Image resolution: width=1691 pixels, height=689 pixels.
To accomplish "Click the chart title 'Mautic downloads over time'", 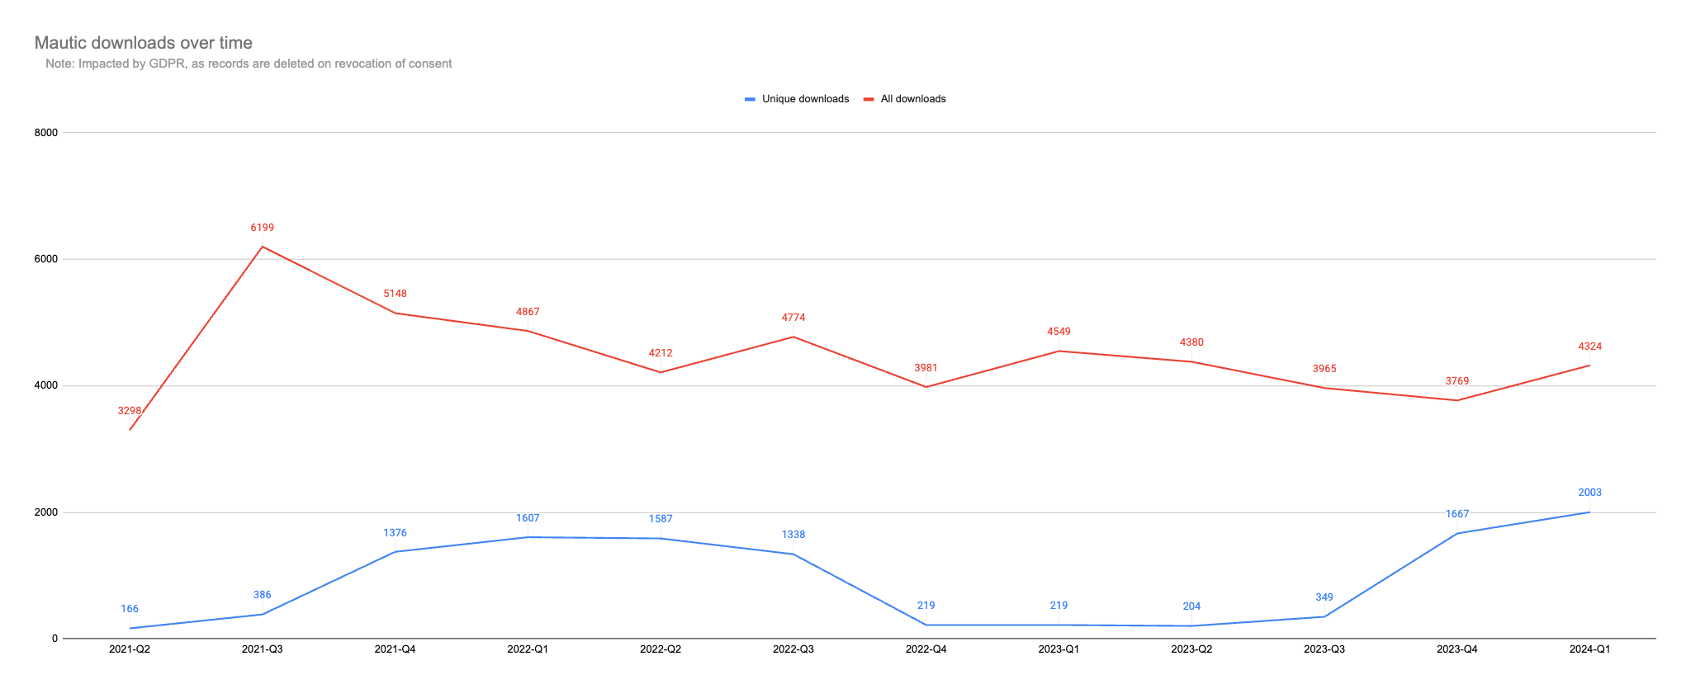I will pos(144,43).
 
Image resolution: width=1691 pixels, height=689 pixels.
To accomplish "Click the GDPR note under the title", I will pos(249,64).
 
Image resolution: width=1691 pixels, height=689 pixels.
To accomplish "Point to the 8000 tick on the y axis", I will pos(45,133).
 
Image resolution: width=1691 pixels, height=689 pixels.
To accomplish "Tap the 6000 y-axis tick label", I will pos(45,259).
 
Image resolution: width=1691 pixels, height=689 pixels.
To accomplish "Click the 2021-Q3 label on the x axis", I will pos(263,649).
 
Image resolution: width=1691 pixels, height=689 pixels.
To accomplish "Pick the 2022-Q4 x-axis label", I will pos(926,649).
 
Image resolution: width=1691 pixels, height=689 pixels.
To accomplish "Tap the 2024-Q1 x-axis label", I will pos(1589,649).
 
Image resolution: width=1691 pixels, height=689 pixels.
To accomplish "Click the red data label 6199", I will pos(263,228).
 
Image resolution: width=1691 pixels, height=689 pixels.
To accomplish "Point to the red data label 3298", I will pos(130,411).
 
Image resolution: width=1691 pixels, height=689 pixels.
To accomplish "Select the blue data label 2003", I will pos(1589,493).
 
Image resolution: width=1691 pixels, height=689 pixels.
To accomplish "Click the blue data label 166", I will pos(130,609).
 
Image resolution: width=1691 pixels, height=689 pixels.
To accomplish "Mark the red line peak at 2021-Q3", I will pos(263,247).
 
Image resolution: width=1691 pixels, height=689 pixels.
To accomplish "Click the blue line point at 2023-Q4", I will pos(1457,533).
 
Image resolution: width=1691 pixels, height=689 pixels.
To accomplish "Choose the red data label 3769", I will pos(1457,381).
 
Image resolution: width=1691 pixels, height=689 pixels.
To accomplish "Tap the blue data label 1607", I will pos(528,518).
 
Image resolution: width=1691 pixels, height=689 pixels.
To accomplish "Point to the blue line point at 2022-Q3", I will pos(793,554).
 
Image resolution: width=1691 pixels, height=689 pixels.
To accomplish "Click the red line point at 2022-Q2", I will pos(661,372).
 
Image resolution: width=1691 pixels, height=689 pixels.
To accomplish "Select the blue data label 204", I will pos(1191,606).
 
